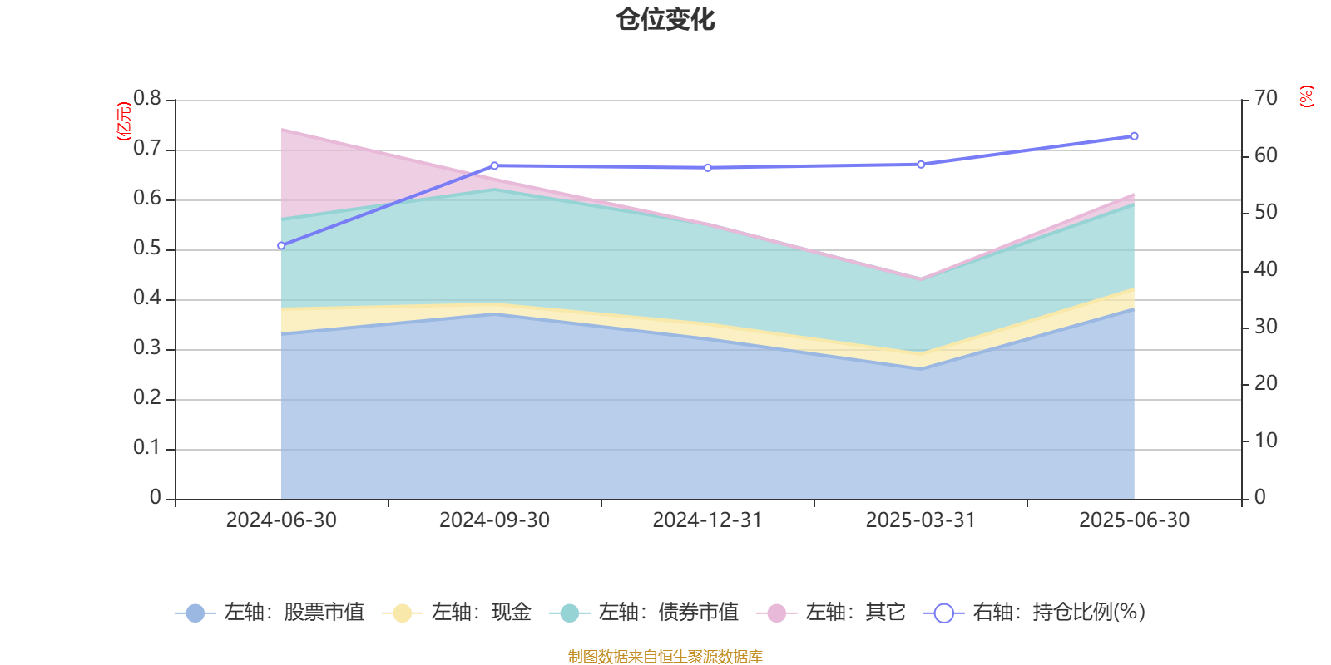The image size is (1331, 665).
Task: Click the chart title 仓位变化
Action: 665,19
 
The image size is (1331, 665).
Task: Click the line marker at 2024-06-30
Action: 281,246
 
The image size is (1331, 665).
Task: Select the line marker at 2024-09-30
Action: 494,165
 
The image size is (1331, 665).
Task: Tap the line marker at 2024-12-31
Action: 708,168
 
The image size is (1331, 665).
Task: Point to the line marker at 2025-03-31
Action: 921,165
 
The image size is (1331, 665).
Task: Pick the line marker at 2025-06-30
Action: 1134,136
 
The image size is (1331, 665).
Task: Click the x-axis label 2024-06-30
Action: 281,520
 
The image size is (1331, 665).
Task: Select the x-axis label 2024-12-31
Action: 707,520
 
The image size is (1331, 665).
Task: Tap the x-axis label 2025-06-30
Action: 1134,520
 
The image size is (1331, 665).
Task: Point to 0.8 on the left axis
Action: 147,99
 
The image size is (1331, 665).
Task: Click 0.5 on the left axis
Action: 147,249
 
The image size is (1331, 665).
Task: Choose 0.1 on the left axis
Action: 147,448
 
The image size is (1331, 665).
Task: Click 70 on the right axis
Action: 1266,99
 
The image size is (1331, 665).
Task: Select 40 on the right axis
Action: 1266,269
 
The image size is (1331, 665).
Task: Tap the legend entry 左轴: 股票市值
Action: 270,613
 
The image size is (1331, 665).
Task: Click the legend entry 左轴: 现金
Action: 458,613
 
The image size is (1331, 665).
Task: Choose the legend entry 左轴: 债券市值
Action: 645,613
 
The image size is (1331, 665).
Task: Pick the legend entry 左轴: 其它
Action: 832,613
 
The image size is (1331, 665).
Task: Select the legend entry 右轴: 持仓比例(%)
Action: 1036,613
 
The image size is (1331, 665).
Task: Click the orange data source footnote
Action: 665,657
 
